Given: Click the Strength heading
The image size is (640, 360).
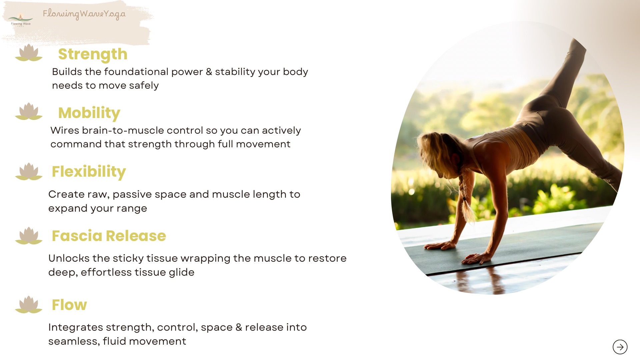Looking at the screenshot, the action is click(93, 54).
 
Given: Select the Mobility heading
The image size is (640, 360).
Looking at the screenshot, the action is click(89, 113).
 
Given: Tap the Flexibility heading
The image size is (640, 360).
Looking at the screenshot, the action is click(89, 172).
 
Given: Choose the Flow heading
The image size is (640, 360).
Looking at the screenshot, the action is click(69, 305).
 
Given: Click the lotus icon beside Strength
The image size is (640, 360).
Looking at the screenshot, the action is click(29, 53).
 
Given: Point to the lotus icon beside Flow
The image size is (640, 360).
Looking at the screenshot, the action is click(29, 305).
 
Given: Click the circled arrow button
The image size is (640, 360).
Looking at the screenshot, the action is click(620, 347).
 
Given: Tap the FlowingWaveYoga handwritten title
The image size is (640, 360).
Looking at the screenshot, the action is click(84, 14).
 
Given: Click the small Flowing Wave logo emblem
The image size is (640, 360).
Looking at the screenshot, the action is click(21, 20).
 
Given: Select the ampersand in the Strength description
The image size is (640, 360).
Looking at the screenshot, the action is click(209, 72).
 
